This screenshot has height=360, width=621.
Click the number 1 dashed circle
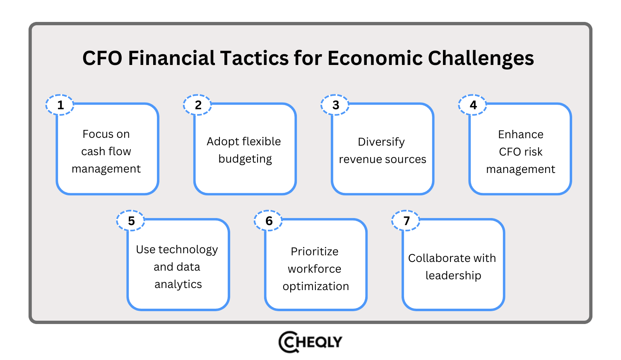click(x=60, y=105)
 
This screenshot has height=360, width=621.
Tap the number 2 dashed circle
click(x=198, y=105)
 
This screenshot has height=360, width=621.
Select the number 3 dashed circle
click(x=335, y=105)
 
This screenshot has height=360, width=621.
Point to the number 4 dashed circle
click(x=473, y=105)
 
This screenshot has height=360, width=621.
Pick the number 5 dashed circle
click(x=131, y=221)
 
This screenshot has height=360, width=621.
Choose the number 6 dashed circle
click(x=269, y=221)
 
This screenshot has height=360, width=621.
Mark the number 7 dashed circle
click(x=406, y=221)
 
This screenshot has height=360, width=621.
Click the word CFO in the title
click(x=102, y=58)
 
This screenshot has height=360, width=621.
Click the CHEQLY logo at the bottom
click(x=310, y=342)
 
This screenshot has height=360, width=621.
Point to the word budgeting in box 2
click(x=245, y=159)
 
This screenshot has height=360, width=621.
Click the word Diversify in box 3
click(x=381, y=142)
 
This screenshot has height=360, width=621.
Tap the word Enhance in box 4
click(x=520, y=134)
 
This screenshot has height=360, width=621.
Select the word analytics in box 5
click(x=178, y=285)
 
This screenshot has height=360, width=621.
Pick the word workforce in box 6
click(x=315, y=269)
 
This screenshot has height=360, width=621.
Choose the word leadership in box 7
click(x=453, y=276)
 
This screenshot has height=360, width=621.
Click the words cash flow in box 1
click(x=106, y=151)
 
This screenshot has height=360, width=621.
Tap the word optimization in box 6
click(x=316, y=286)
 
